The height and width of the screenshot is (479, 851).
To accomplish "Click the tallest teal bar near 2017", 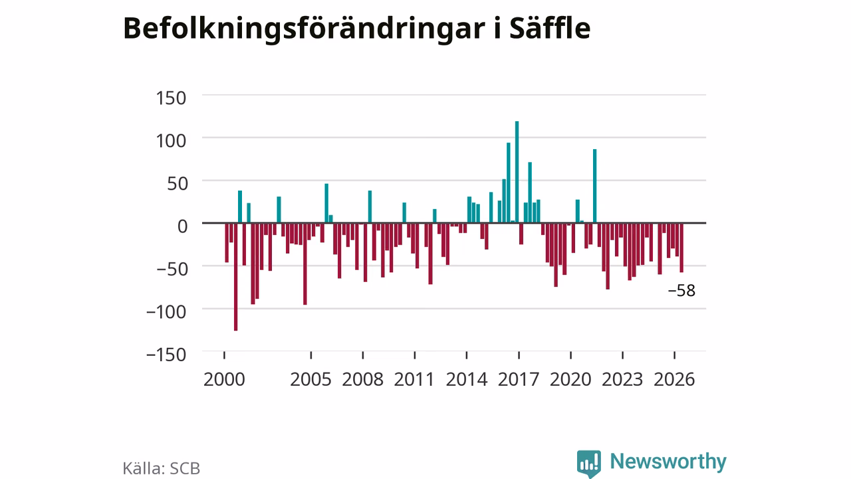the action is click(517, 172).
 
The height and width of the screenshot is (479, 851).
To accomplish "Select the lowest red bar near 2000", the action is click(235, 277).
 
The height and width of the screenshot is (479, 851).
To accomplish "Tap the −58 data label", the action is click(681, 291).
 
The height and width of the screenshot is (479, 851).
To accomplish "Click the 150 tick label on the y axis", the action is click(171, 98).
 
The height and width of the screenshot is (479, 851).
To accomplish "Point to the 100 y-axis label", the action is click(171, 141).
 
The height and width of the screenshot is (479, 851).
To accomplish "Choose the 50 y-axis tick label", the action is click(178, 184).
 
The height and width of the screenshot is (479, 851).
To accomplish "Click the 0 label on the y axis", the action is click(183, 227).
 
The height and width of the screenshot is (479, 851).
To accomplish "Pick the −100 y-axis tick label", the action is click(166, 312).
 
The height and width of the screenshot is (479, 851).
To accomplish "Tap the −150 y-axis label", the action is click(166, 355).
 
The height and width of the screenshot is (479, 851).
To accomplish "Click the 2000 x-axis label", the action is click(224, 379).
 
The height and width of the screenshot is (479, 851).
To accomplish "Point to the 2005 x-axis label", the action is click(310, 379).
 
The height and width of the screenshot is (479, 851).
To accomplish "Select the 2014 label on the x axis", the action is click(467, 379).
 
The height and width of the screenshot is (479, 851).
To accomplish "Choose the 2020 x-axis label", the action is click(570, 379).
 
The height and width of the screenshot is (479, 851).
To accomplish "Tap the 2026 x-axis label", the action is click(674, 379).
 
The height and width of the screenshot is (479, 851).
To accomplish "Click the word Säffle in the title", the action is click(550, 28).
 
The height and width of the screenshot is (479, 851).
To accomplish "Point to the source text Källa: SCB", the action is click(161, 468).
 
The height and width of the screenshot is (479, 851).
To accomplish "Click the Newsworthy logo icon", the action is click(589, 464).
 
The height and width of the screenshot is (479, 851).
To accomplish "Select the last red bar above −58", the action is click(681, 247).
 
